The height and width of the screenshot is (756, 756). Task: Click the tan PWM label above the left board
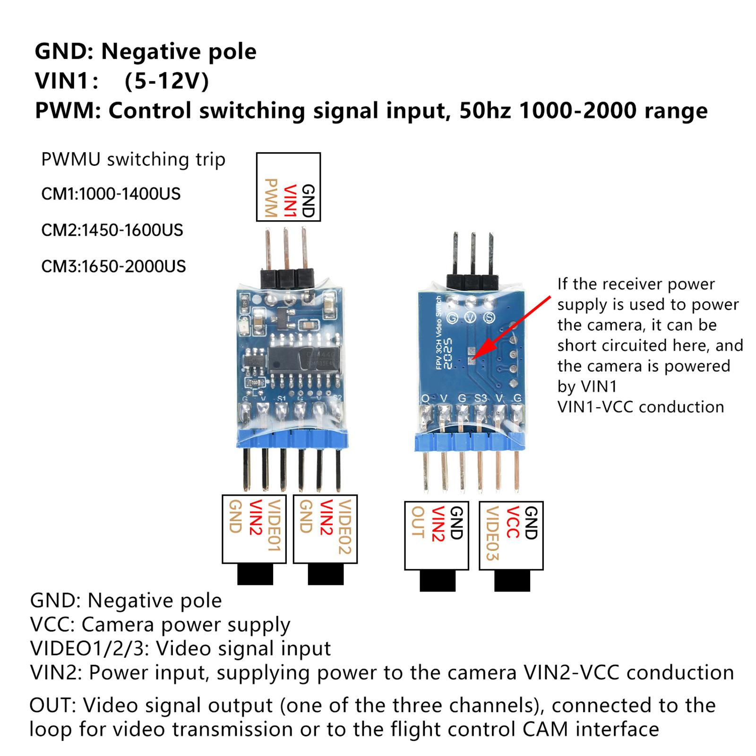click(x=270, y=198)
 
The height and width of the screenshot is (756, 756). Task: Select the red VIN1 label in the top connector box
click(x=289, y=200)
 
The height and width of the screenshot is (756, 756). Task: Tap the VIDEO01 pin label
click(x=274, y=525)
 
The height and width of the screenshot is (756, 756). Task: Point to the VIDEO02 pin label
click(x=345, y=526)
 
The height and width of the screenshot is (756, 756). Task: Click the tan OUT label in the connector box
click(x=417, y=522)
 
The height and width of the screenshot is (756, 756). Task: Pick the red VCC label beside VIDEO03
click(x=512, y=523)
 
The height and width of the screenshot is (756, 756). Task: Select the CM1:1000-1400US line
click(x=111, y=194)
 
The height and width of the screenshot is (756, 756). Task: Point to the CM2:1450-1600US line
click(x=112, y=230)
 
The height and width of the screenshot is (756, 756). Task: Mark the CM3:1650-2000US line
click(x=113, y=266)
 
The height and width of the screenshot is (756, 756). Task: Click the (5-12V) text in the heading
click(x=166, y=81)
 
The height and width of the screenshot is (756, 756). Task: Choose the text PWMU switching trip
click(x=133, y=160)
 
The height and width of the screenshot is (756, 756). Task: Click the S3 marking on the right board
click(x=480, y=398)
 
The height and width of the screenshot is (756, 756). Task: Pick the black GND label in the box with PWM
click(x=308, y=200)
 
